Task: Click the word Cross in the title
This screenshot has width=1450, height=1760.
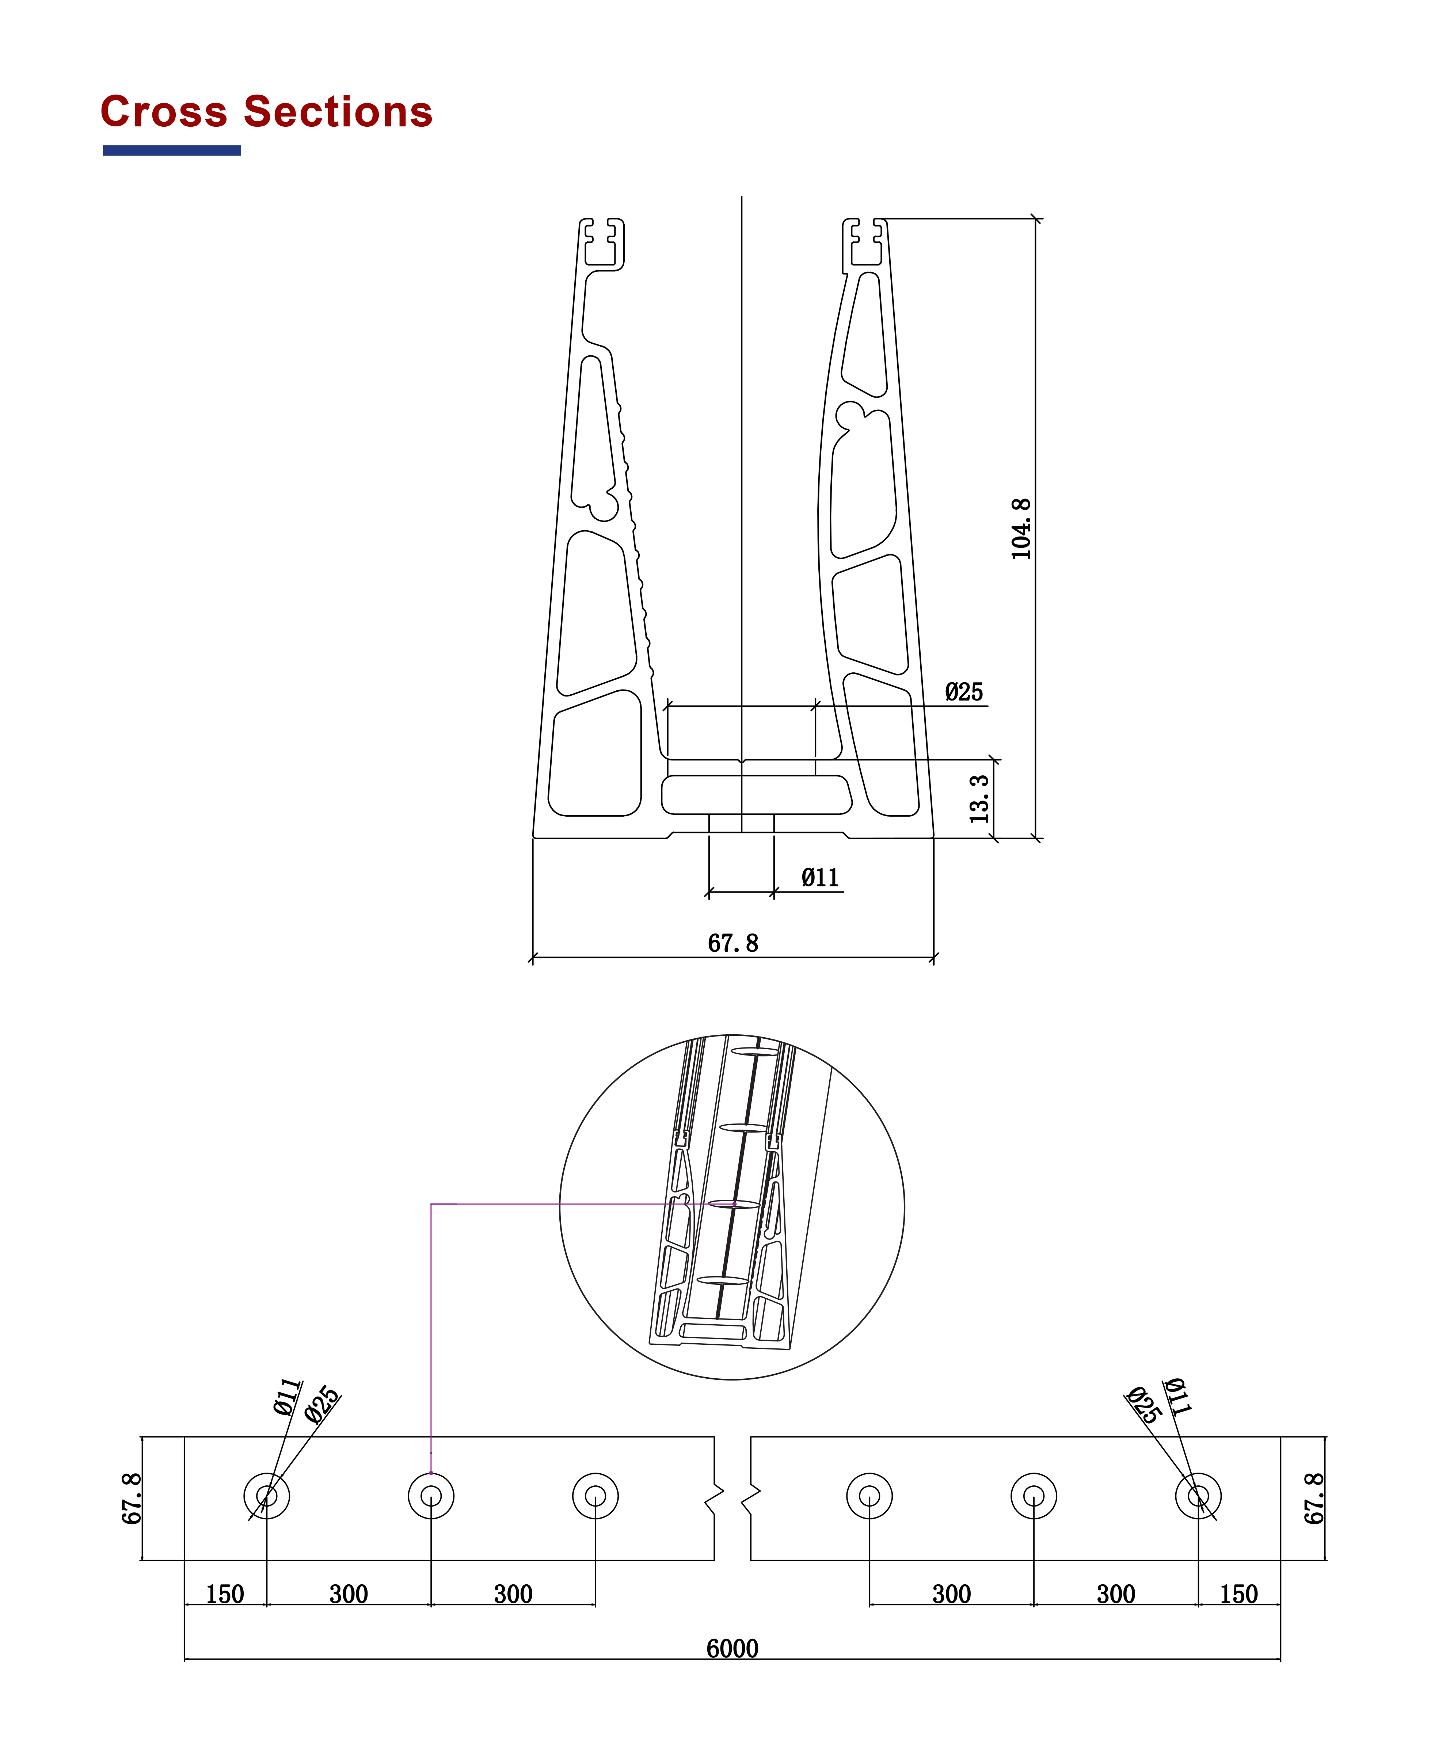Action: [164, 112]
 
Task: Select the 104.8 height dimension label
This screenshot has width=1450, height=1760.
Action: [1021, 528]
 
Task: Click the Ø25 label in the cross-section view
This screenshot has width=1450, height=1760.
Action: [964, 692]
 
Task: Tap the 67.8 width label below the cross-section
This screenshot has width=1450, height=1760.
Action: [732, 943]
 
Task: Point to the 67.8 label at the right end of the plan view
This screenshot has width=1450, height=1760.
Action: [1314, 1499]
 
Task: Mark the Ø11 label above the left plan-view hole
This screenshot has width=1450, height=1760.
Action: [286, 1397]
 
